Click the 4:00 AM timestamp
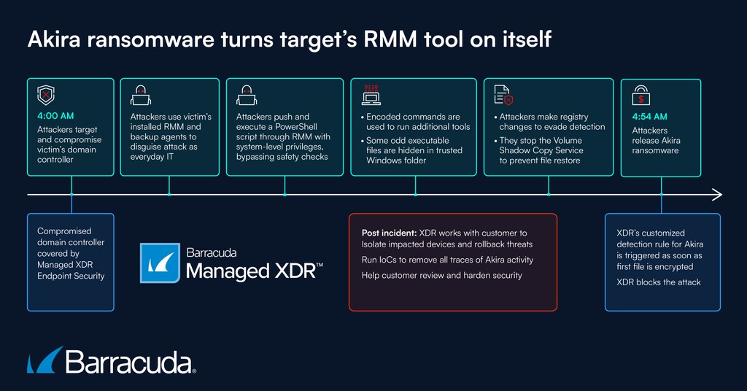(55, 115)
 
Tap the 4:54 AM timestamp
(649, 116)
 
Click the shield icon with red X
(46, 96)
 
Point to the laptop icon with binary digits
(371, 95)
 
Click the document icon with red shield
(503, 96)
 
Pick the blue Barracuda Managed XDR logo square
(160, 263)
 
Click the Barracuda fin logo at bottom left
(43, 361)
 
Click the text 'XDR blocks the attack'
(658, 282)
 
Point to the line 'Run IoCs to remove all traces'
(447, 260)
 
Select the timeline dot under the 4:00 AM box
(71, 195)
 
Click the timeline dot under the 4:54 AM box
(661, 195)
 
